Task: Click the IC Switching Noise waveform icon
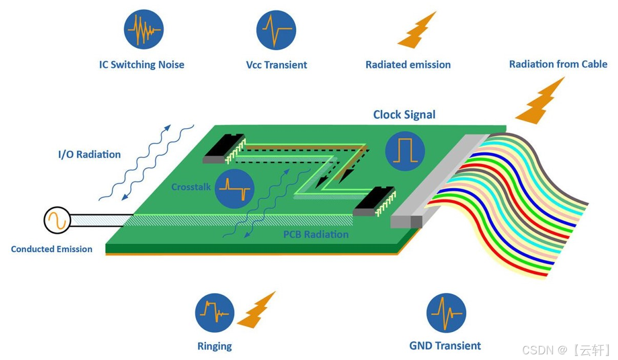pyautogui.click(x=144, y=29)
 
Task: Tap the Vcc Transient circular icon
pyautogui.click(x=276, y=29)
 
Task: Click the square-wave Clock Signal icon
pyautogui.click(x=405, y=151)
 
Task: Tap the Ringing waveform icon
pyautogui.click(x=214, y=312)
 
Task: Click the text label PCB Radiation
pyautogui.click(x=316, y=235)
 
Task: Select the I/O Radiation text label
pyautogui.click(x=89, y=154)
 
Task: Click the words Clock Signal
pyautogui.click(x=404, y=115)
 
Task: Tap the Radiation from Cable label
pyautogui.click(x=558, y=64)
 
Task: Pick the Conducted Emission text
pyautogui.click(x=52, y=249)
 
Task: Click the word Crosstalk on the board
pyautogui.click(x=191, y=187)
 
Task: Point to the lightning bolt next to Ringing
pyautogui.click(x=256, y=310)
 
